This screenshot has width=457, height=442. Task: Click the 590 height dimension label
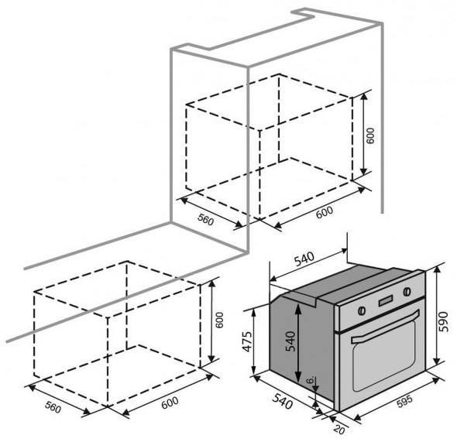point(443,321)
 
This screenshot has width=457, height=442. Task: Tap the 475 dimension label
point(247,341)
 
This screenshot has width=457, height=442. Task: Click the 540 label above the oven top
point(304,259)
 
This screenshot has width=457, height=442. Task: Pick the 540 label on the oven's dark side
point(290,341)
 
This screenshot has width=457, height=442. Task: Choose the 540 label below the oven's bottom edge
point(282,401)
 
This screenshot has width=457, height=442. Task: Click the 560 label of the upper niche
point(206,219)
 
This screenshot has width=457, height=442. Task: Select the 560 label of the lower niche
point(53,407)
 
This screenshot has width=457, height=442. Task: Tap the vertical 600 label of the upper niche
point(369,135)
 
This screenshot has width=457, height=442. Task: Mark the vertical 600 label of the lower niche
point(219,320)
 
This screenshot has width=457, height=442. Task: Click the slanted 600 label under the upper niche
point(324,212)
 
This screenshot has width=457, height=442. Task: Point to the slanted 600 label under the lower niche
point(170,402)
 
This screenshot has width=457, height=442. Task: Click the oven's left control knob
point(362,310)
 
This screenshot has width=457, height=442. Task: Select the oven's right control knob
point(407,291)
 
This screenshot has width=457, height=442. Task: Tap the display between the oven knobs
point(385,301)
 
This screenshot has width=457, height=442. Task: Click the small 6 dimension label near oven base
point(311,379)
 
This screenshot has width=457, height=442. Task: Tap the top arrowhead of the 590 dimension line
point(436,269)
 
